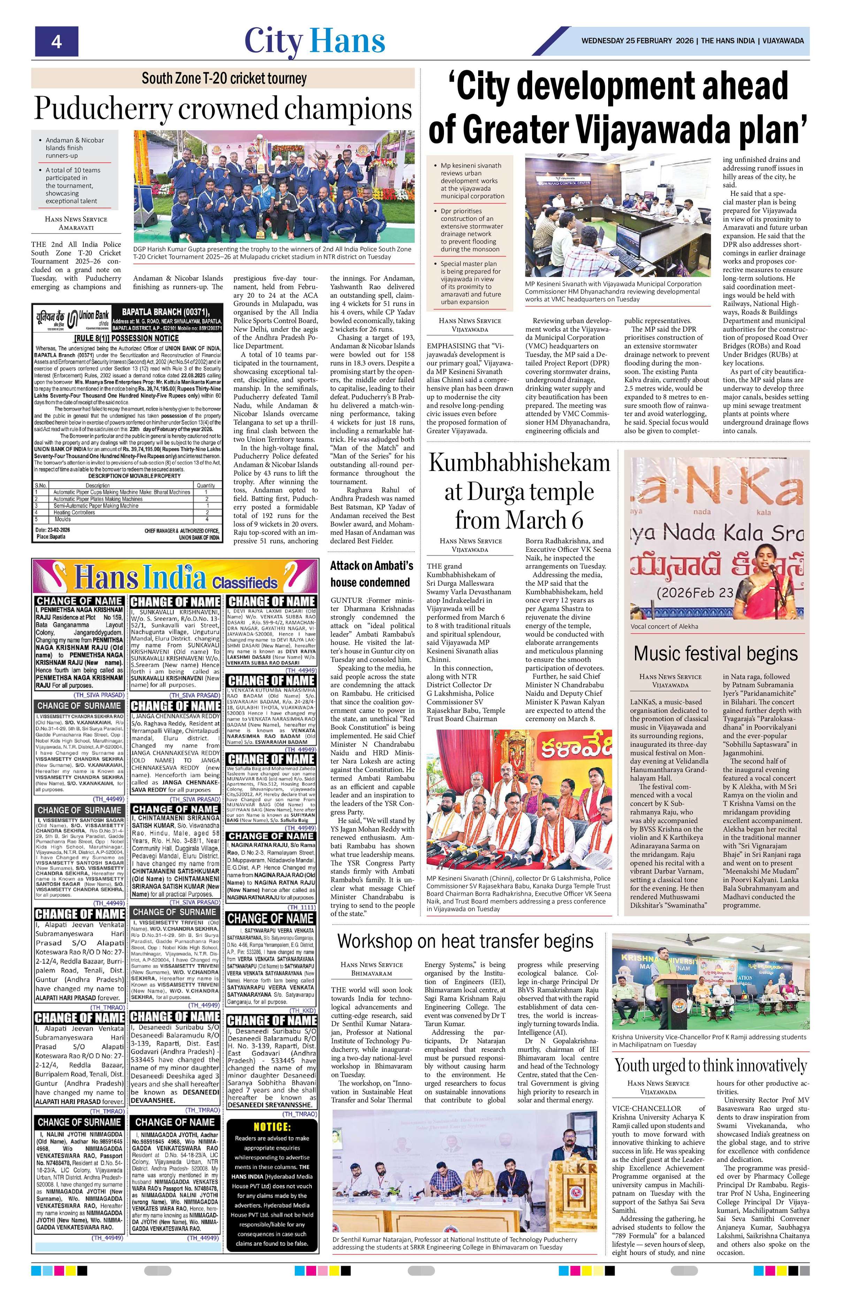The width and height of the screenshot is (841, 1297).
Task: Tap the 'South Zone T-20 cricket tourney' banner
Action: tap(223, 78)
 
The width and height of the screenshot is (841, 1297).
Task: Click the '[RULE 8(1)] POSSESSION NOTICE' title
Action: tap(127, 338)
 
